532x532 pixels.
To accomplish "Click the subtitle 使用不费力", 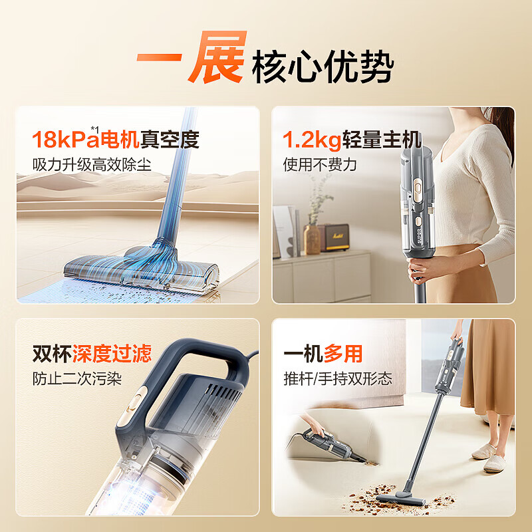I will click(x=320, y=164).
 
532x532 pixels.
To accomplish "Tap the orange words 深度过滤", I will click(x=122, y=353).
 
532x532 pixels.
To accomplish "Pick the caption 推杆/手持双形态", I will click(x=338, y=378).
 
